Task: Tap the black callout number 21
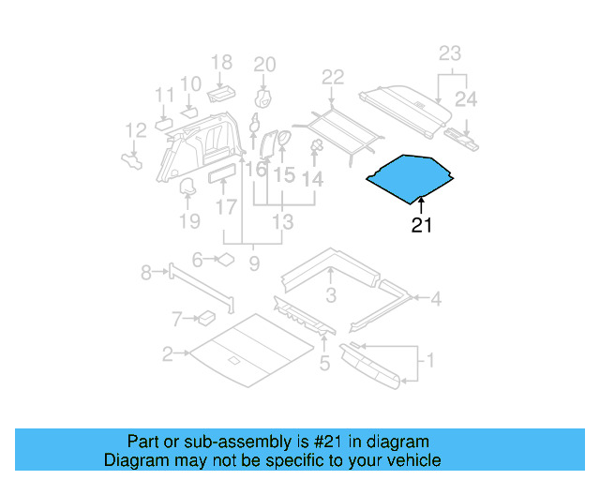click(x=422, y=225)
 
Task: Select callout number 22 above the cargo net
click(x=333, y=78)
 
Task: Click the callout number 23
click(x=450, y=53)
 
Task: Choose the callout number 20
click(x=265, y=65)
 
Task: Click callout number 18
click(x=221, y=63)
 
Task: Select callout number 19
click(x=190, y=222)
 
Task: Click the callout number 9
click(x=253, y=264)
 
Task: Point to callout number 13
click(x=282, y=222)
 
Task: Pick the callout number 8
click(x=146, y=273)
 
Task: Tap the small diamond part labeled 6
click(x=226, y=260)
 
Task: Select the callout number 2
click(x=167, y=353)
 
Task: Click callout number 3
click(x=331, y=297)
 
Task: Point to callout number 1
click(x=430, y=360)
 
